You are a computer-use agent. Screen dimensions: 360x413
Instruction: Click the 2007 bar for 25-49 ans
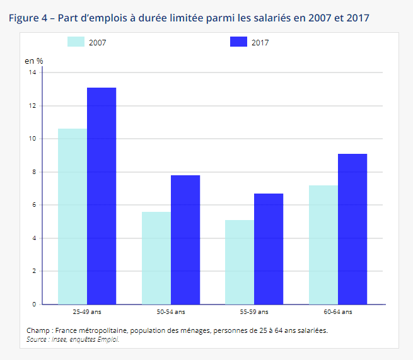pos(73,216)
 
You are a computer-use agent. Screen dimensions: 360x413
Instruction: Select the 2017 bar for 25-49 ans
pos(102,196)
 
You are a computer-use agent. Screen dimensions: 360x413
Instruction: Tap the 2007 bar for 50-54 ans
pos(156,258)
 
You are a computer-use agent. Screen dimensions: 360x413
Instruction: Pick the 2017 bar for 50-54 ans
pos(185,240)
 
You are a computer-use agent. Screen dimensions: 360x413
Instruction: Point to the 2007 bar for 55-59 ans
pos(240,262)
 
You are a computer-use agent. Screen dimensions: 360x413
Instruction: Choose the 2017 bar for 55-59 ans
pos(269,249)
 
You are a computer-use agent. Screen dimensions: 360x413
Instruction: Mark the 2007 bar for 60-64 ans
pos(323,245)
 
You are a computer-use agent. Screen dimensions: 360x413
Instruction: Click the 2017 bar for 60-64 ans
pos(352,229)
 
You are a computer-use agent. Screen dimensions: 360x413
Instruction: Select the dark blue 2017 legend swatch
pos(238,42)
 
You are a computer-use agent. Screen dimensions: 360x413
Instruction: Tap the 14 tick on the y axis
pos(32,73)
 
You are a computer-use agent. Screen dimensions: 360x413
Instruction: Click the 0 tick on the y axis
pos(34,305)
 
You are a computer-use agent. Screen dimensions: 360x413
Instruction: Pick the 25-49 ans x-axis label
pos(87,312)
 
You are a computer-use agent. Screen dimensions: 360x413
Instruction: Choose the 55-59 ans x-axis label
pos(254,312)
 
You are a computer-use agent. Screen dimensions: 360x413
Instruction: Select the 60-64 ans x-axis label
pos(338,312)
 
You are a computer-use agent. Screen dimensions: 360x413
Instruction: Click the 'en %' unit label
pos(33,61)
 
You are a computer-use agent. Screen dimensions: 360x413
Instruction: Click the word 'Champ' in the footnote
pos(38,330)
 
